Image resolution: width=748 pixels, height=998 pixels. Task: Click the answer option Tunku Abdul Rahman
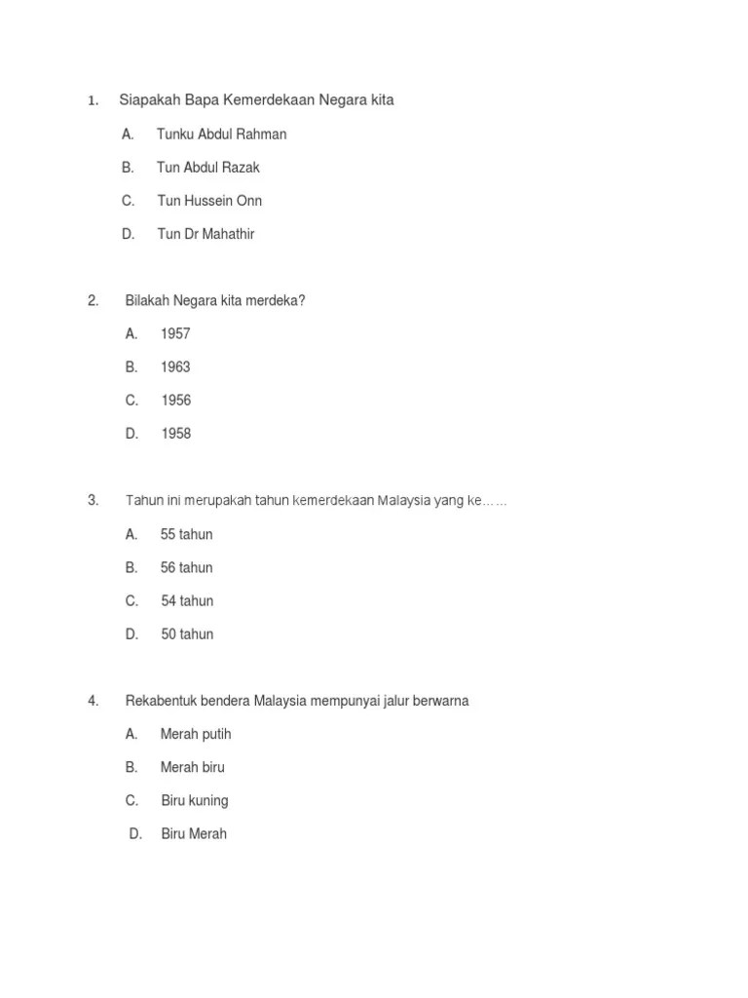tap(221, 134)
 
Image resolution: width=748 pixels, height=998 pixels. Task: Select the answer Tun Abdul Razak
tap(207, 168)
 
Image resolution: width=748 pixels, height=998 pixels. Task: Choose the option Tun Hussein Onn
tap(209, 201)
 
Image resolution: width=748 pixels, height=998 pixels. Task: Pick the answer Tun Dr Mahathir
tap(206, 234)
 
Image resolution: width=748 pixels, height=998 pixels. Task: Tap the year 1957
tap(175, 334)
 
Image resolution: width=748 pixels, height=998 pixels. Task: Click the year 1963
tap(175, 367)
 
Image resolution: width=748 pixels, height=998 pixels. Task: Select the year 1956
tap(175, 401)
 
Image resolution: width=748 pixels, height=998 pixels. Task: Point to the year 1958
tap(175, 434)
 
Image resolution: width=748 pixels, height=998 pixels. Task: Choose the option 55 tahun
tap(186, 535)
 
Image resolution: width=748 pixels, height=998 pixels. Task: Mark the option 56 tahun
tap(186, 568)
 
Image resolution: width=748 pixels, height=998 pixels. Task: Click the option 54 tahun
tap(187, 601)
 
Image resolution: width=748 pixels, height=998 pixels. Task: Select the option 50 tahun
tap(187, 634)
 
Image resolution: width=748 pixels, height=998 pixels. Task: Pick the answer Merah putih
tap(196, 735)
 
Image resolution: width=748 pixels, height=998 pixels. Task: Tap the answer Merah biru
tap(192, 768)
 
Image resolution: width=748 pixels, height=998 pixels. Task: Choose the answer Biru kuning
tap(195, 801)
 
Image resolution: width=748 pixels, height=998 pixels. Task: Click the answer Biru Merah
tap(194, 834)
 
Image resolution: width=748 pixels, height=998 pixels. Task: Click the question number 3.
tap(93, 501)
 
